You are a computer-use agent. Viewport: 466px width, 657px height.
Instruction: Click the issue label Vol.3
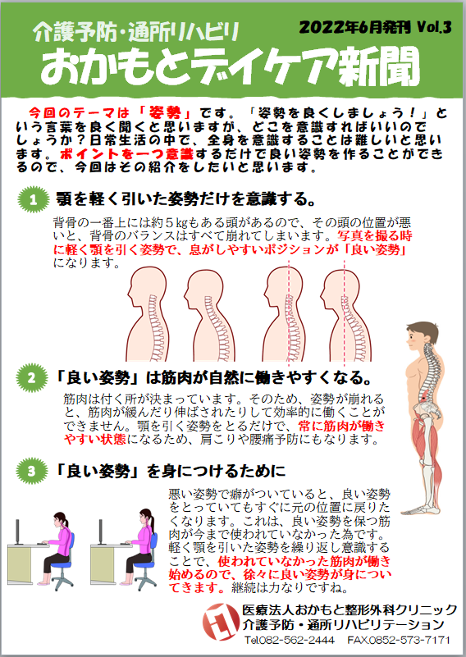(434, 28)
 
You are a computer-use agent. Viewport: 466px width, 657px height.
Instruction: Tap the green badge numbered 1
(33, 199)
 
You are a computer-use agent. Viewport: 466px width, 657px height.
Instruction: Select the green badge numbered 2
(32, 378)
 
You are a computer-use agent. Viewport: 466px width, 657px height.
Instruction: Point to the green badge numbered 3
(31, 471)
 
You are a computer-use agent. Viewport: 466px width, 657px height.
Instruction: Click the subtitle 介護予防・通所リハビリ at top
(137, 32)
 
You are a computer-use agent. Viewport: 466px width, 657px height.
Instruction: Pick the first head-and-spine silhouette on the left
(147, 314)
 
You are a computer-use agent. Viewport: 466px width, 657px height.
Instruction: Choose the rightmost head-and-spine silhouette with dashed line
(346, 314)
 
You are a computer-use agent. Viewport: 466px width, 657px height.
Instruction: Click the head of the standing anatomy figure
(422, 335)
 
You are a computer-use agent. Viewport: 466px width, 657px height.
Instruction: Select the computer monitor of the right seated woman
(100, 532)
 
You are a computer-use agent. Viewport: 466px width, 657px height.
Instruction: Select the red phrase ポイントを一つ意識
(126, 153)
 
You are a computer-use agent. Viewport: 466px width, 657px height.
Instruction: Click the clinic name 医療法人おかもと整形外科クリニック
(349, 609)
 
